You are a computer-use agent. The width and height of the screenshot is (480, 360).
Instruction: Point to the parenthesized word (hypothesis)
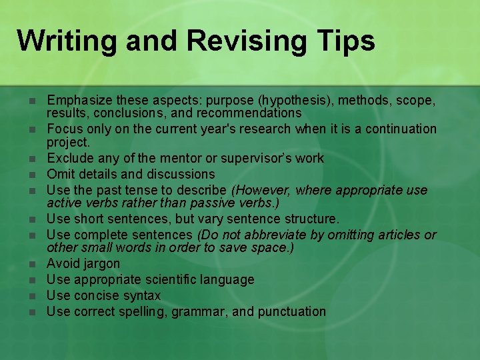point(301,100)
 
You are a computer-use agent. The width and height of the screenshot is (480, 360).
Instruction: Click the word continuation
point(399,129)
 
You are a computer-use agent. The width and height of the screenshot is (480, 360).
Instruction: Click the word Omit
point(60,174)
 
